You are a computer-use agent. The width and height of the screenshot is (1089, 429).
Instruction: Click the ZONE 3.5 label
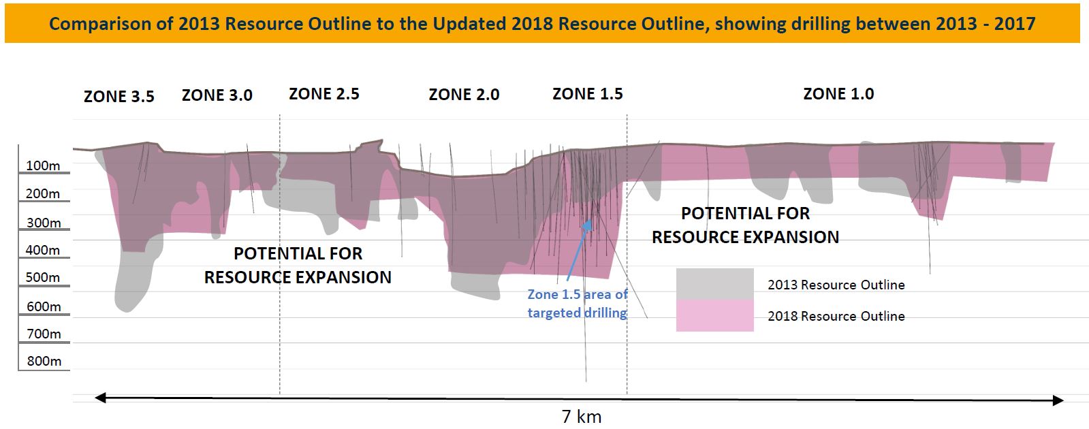pyautogui.click(x=119, y=97)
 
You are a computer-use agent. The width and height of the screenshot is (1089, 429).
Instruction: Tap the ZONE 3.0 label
pyautogui.click(x=217, y=95)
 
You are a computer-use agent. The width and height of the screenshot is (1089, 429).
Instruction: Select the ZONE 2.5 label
pyautogui.click(x=323, y=94)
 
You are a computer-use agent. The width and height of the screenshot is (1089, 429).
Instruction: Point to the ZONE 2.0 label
pyautogui.click(x=464, y=95)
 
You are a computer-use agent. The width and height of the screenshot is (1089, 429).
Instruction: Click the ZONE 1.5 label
pyautogui.click(x=587, y=94)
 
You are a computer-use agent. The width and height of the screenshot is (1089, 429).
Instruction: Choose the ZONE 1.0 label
pyautogui.click(x=838, y=94)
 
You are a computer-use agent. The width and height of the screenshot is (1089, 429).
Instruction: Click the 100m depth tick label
pyautogui.click(x=43, y=165)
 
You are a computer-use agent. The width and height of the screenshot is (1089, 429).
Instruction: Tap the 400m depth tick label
pyautogui.click(x=43, y=250)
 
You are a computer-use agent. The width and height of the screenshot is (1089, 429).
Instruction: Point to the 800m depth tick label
pyautogui.click(x=44, y=361)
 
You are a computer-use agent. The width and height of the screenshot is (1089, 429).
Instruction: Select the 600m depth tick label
pyautogui.click(x=44, y=306)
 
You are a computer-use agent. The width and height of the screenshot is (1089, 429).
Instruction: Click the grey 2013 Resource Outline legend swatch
pyautogui.click(x=714, y=284)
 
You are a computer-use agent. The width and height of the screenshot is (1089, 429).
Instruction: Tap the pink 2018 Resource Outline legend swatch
pyautogui.click(x=714, y=315)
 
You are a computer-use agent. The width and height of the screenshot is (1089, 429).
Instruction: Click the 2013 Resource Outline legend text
pyautogui.click(x=836, y=285)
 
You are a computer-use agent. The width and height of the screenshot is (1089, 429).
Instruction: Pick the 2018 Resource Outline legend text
pyautogui.click(x=836, y=316)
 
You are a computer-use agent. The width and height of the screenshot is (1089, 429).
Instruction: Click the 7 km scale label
pyautogui.click(x=581, y=416)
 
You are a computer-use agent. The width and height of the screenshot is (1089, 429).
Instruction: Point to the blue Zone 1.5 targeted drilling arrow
pyautogui.click(x=579, y=252)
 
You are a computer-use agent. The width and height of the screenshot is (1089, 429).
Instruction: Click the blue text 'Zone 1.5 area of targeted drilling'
pyautogui.click(x=577, y=304)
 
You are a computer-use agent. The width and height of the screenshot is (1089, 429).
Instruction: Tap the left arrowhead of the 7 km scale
pyautogui.click(x=100, y=398)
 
